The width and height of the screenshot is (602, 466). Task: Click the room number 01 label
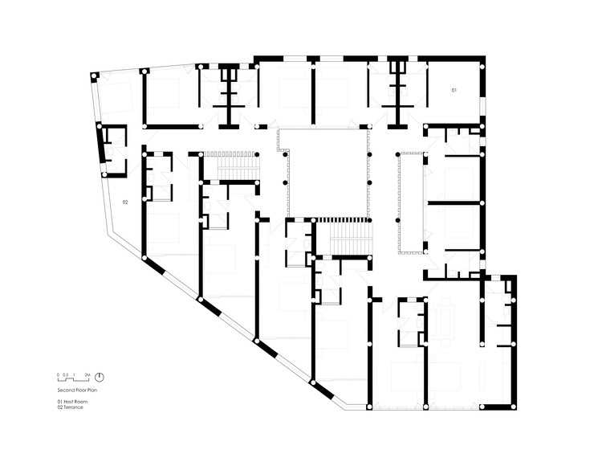tap(454, 91)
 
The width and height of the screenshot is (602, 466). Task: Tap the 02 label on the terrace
tap(125, 202)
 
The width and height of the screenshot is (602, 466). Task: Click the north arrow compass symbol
tap(99, 376)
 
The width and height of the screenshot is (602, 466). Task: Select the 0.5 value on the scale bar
tap(65, 374)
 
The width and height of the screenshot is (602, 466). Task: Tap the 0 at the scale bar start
tap(58, 374)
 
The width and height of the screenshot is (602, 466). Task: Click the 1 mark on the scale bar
tap(74, 374)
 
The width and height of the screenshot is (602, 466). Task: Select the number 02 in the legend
tap(59, 407)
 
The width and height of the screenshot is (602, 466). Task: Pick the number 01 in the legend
tap(59, 401)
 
